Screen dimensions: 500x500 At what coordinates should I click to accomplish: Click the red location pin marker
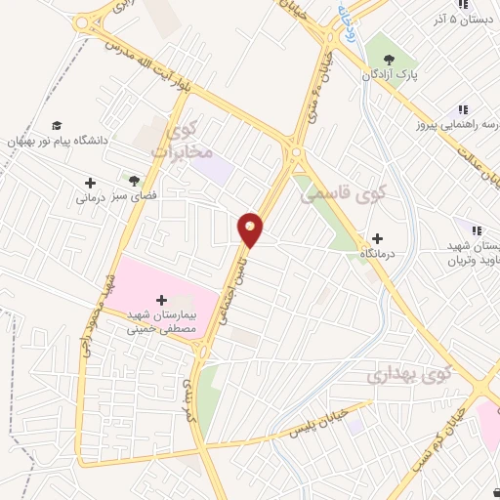(x=251, y=229)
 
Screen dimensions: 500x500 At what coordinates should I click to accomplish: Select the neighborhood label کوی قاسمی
(x=342, y=194)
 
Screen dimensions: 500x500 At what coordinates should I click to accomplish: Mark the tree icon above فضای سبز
(x=134, y=180)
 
